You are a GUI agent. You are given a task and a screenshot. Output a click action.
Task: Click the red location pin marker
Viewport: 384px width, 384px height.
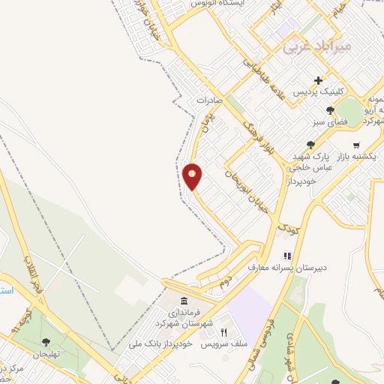(193, 176)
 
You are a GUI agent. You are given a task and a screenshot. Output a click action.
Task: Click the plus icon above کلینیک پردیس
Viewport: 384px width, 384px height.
(319, 80)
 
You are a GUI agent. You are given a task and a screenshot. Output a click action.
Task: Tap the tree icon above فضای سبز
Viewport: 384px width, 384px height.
(330, 110)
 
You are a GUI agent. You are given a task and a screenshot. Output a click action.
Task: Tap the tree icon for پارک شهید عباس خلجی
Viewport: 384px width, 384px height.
(310, 145)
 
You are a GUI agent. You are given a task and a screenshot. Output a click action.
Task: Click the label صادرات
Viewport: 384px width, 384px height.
(211, 99)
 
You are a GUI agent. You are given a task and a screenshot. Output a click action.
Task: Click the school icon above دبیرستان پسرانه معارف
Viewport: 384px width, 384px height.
(286, 256)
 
